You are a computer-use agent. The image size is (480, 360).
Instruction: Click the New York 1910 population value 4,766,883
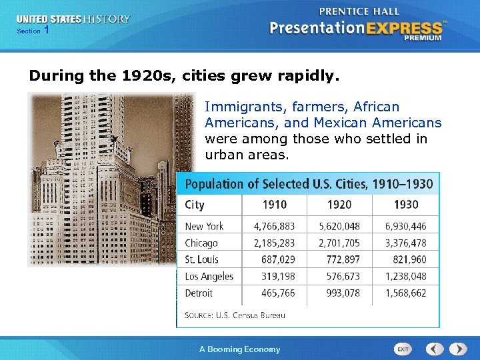coord(274,226)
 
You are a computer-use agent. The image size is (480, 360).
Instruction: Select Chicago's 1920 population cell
coord(339,243)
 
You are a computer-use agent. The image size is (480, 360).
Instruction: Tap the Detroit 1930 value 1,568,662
coord(405,293)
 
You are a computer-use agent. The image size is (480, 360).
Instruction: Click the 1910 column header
coord(274,205)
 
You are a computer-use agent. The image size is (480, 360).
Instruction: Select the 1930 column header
coord(405,205)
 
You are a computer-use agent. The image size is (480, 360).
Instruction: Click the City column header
coord(195,205)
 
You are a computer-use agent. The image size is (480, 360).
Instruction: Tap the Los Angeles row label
coord(209,277)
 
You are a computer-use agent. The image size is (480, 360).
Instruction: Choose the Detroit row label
coord(199,293)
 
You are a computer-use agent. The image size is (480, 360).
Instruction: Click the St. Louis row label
coord(201,260)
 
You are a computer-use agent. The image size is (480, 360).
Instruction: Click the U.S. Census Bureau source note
coord(235,315)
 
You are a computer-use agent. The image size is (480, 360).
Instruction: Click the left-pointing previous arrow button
coord(435,349)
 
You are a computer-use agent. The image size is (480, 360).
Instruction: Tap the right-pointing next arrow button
coord(458,349)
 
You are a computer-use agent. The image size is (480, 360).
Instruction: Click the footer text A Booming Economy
coord(240,349)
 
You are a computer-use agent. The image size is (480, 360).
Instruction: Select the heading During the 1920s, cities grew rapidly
coord(184,76)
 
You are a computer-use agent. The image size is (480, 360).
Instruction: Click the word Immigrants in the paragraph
coord(236,107)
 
